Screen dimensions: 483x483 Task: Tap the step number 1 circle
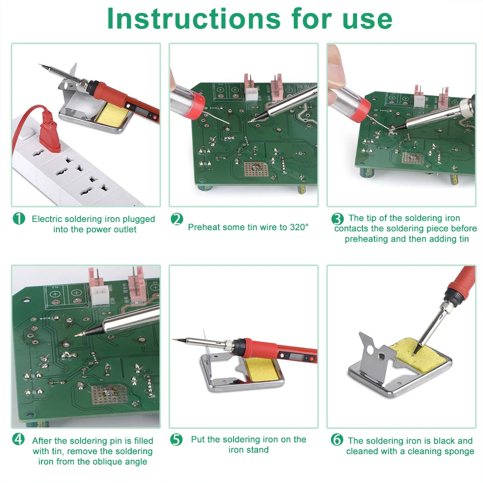coord(18,219)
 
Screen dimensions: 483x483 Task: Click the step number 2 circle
coord(177,219)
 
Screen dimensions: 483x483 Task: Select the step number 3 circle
coord(337,219)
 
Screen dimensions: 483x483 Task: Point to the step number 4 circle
coord(18,440)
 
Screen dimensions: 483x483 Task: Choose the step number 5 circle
coord(177,440)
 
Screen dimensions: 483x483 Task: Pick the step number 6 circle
coord(336,440)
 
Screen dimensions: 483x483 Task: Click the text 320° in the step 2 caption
coord(299,227)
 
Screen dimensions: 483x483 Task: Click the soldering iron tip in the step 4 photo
coord(78,334)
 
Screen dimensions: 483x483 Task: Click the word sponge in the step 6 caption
coord(458,451)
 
